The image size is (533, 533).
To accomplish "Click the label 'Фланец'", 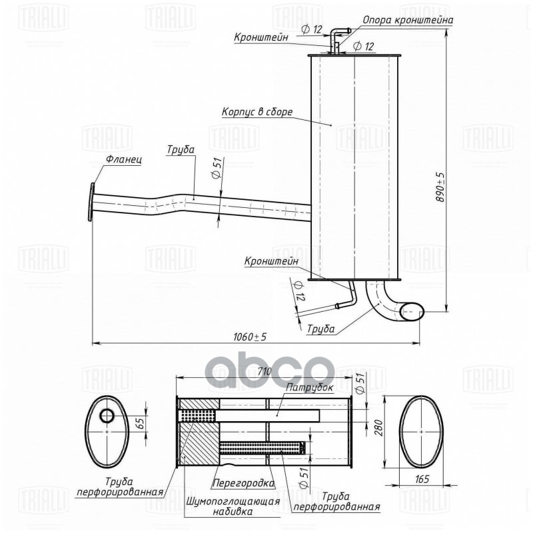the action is pos(123,161).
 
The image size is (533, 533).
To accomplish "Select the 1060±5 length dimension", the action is pos(250,336).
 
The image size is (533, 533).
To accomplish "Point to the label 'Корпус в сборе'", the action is pos(257,112).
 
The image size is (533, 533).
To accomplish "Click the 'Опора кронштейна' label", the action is pos(408,20).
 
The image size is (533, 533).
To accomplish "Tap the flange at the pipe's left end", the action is pos(91,202).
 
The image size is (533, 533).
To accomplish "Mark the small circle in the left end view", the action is pos(107,416).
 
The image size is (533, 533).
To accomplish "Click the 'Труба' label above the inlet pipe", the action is pos(181,150).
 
